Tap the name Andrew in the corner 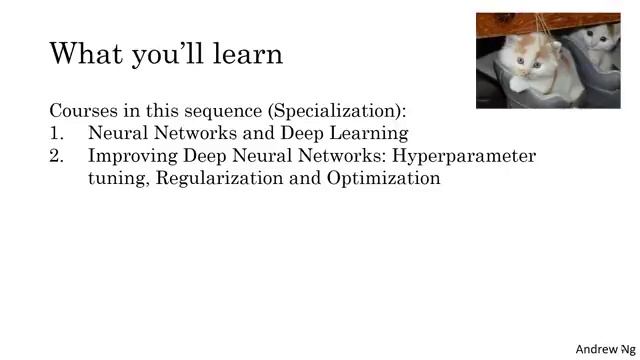tap(596, 349)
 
